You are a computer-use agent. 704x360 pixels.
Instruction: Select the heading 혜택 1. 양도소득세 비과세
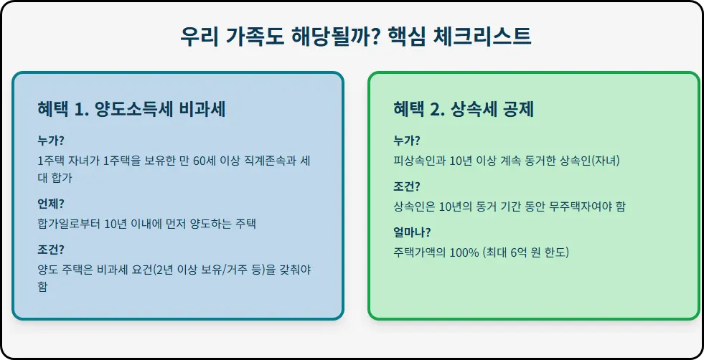tap(136, 109)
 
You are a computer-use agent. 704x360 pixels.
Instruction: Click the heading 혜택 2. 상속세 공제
tap(464, 109)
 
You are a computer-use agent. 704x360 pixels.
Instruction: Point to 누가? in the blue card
tap(51, 141)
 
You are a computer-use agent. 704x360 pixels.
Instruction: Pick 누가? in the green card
tap(407, 141)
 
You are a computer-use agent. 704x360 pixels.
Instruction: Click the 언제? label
tap(51, 204)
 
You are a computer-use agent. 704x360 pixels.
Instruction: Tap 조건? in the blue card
tap(51, 250)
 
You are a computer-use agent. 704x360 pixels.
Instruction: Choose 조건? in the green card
tap(407, 186)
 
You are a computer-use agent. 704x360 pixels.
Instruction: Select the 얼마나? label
tap(412, 232)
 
